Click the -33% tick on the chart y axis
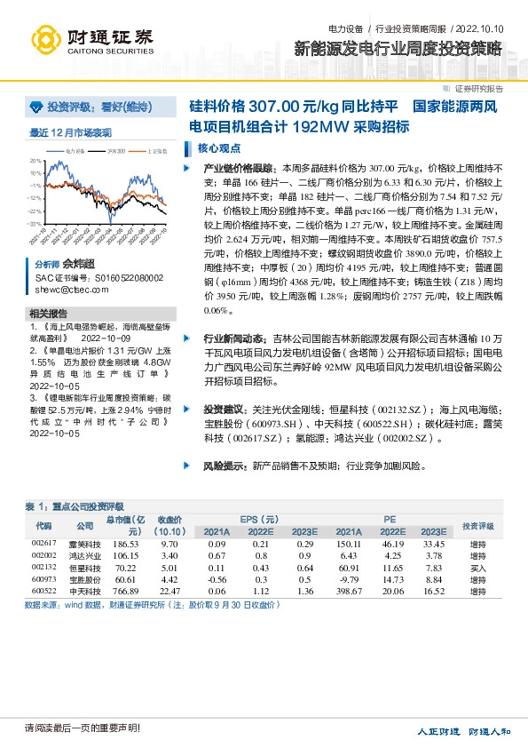click(35, 224)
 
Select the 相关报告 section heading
click(48, 314)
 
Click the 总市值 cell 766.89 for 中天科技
click(126, 590)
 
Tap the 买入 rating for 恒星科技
click(478, 567)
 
